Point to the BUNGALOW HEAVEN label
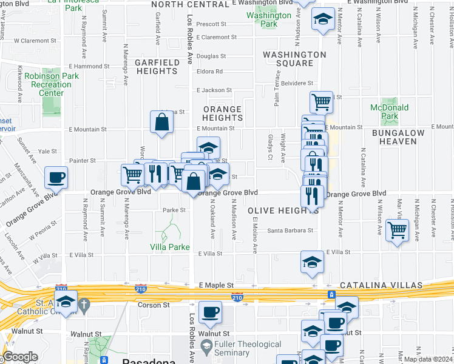(395, 136)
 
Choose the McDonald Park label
(384, 112)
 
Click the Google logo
(20, 357)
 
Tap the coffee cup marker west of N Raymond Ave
(56, 177)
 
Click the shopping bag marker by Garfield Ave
(162, 121)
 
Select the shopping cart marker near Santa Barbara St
(397, 230)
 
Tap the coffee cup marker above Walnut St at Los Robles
(210, 312)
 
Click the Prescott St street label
(212, 25)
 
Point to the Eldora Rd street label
(210, 72)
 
